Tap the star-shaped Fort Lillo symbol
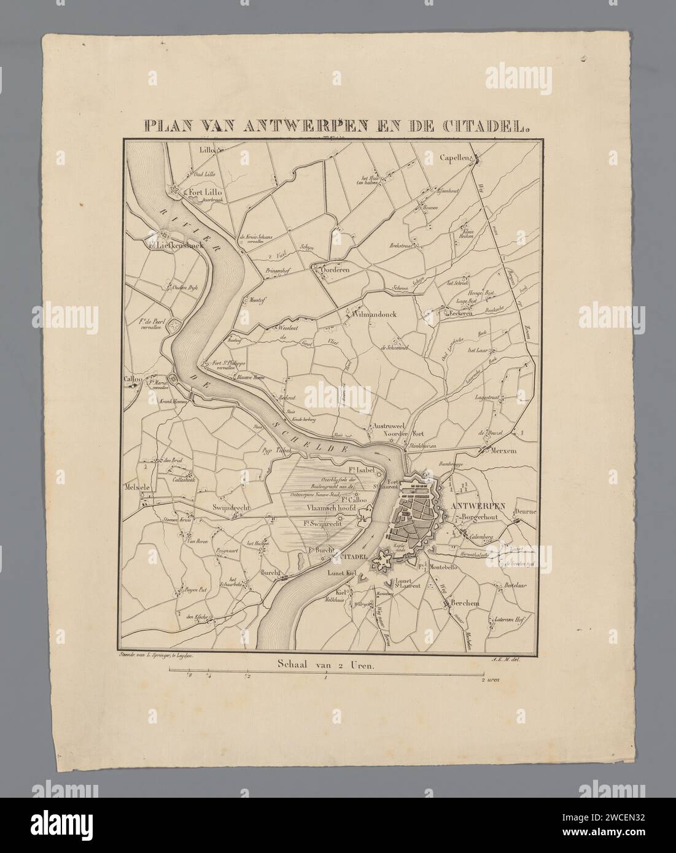176,191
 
